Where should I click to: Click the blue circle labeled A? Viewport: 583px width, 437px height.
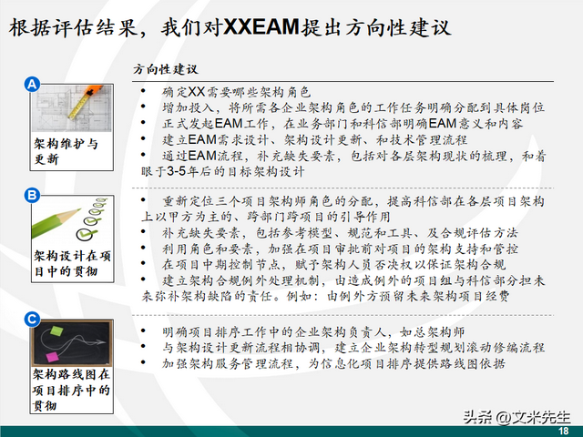33,84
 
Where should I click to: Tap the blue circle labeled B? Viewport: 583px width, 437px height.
32,195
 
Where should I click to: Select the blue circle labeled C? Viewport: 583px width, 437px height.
32,320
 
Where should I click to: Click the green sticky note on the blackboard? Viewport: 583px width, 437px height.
56,330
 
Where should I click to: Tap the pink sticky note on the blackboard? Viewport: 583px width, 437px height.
52,357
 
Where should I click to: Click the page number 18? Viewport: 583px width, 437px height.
563,431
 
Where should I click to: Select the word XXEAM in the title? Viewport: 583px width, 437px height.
261,27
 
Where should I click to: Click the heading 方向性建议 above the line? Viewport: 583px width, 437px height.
166,69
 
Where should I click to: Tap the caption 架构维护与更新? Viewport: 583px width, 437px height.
66,151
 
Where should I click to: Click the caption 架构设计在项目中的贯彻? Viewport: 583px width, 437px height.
72,263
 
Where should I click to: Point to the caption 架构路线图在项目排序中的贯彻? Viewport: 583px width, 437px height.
71,390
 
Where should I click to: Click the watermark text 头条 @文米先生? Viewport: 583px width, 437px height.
517,417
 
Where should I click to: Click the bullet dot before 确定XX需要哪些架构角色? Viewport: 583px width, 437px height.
143,91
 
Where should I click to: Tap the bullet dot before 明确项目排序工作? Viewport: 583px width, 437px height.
143,330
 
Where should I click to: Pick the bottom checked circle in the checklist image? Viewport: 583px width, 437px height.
85,234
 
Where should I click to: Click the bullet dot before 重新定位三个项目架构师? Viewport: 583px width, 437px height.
143,200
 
